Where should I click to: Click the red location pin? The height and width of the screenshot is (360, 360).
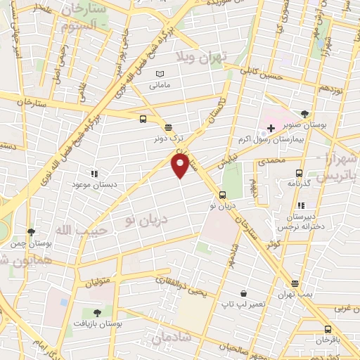(180, 165)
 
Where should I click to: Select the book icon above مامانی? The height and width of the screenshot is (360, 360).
(160, 74)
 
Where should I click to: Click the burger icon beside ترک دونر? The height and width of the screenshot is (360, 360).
(168, 127)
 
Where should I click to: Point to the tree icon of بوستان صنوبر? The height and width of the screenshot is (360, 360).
(304, 112)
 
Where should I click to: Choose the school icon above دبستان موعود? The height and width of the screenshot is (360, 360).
(93, 173)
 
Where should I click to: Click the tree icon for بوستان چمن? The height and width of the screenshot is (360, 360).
(30, 231)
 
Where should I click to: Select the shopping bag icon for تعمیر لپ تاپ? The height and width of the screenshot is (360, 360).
(243, 292)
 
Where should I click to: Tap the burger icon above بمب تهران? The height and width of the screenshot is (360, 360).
(295, 284)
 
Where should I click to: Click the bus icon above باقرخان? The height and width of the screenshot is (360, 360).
(328, 329)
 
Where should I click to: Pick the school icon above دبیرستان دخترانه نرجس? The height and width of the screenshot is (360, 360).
(301, 205)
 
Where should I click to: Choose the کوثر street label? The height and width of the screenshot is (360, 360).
(273, 244)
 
